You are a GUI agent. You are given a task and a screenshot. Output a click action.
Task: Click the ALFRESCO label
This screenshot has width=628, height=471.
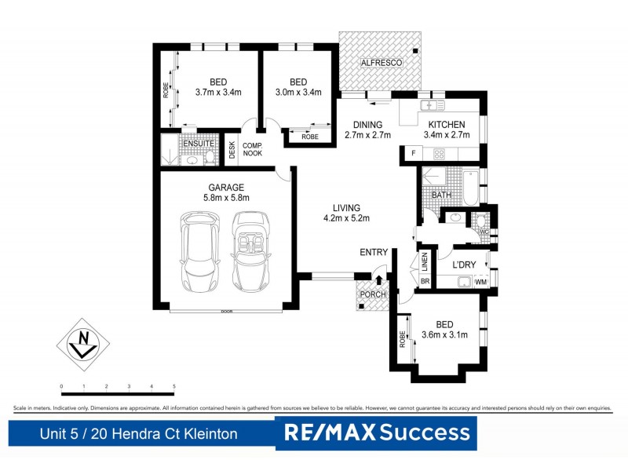pos(381,62)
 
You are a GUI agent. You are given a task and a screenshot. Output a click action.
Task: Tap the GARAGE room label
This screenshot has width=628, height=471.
pos(226,188)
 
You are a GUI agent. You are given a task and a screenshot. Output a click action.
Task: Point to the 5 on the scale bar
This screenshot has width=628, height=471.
pos(173,387)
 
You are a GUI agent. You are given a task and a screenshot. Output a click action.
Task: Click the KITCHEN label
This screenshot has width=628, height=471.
pos(447,125)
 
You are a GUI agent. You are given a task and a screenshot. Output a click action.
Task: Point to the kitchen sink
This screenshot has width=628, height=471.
pos(431,105)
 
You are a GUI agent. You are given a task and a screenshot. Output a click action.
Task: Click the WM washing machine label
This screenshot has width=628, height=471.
pos(480,281)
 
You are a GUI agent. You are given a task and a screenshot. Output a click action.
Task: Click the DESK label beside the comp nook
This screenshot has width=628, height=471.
pos(232,149)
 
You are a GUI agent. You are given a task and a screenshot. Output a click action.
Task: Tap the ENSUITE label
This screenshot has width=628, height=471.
pos(199,144)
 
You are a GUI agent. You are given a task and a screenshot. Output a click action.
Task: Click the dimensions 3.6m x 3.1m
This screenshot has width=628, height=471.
pos(445,335)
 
